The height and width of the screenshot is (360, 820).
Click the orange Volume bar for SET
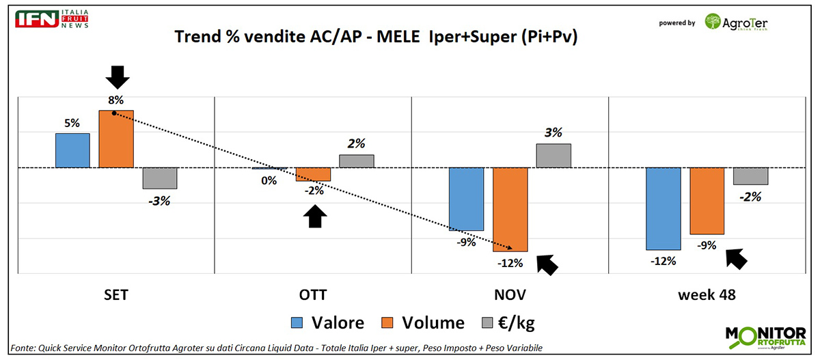116,139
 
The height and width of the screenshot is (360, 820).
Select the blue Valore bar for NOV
466,199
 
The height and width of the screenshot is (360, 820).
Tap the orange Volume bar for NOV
510,209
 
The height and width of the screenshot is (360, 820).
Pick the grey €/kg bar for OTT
357,161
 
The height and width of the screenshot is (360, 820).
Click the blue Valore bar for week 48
663,208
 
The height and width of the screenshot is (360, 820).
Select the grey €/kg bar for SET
160,178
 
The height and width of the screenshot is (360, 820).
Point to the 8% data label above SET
115,100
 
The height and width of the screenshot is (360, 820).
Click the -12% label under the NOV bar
510,263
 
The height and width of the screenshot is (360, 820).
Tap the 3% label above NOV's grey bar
553,133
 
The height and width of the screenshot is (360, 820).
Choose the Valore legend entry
327,323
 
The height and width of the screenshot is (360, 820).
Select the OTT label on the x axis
313,295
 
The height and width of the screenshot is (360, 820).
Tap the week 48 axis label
707,295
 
